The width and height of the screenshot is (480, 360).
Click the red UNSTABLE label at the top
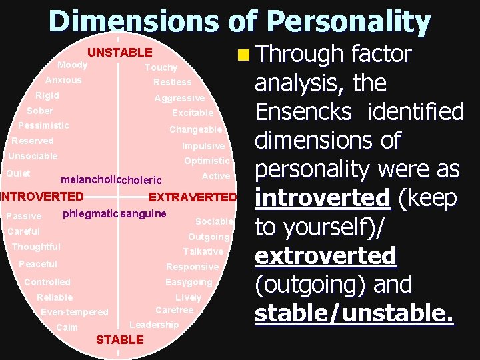coord(119,52)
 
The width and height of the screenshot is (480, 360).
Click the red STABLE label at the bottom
coord(120,340)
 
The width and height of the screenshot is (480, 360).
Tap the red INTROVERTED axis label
coord(41,197)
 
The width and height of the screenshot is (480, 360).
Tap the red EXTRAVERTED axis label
coord(193,197)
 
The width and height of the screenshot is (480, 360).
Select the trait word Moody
coord(73,65)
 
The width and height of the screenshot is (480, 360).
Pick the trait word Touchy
coord(161,68)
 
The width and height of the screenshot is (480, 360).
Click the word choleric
coord(141,180)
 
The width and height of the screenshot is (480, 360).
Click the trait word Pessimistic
coord(44,125)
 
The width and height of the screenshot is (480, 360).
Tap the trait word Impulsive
coord(204,146)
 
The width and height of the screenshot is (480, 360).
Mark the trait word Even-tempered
coord(75,312)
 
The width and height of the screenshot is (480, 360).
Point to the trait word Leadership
coord(154,325)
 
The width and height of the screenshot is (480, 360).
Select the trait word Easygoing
coord(189,282)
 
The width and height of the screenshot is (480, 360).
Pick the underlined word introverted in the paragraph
coord(323,198)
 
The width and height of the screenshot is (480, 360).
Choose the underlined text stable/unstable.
coord(354,313)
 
